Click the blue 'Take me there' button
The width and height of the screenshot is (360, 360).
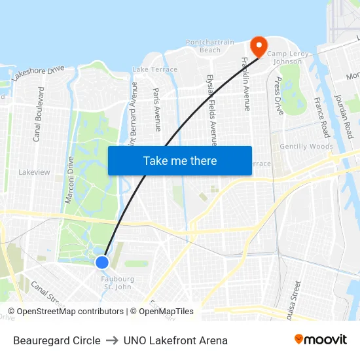point(180,160)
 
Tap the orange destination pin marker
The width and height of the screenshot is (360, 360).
point(258,46)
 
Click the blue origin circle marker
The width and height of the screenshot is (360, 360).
point(102,262)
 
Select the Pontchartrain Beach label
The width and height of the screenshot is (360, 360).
point(209,46)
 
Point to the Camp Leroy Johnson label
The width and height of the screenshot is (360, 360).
point(285,58)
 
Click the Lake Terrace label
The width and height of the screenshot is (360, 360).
point(155,69)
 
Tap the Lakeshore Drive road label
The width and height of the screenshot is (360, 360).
point(38,73)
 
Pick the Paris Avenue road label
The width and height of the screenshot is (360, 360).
point(157,109)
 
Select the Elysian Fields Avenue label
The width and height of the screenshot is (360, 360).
point(211,109)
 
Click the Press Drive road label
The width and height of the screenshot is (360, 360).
point(279,96)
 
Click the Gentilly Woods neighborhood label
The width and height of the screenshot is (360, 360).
point(306,147)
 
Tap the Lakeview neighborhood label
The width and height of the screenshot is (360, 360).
point(34,172)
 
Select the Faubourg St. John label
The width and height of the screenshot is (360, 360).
point(118,283)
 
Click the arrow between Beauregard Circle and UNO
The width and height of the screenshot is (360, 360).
point(112,340)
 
